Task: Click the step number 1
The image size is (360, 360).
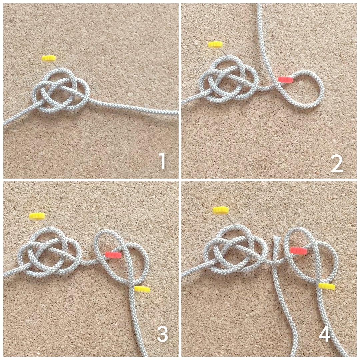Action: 162,161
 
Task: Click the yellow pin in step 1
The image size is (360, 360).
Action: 49,58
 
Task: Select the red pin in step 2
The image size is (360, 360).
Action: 285,79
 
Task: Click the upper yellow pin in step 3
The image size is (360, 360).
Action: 37,216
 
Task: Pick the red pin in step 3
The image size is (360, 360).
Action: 113,255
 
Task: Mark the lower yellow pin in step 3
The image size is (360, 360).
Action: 142,289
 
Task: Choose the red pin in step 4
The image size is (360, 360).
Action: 298,250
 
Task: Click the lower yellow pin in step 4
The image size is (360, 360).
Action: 327,286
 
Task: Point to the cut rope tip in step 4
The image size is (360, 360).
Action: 276,239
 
